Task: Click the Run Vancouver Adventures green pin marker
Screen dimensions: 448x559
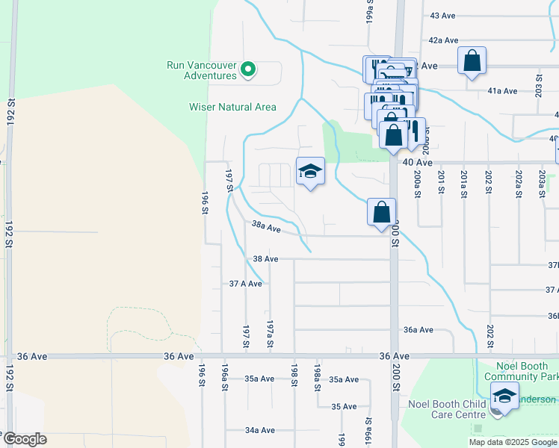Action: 248,72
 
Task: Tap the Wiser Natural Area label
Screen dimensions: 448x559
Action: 232,107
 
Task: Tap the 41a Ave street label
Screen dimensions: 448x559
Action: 502,91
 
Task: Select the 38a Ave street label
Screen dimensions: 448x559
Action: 266,226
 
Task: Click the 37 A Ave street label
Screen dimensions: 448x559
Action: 246,284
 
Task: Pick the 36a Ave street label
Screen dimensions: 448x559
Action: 419,329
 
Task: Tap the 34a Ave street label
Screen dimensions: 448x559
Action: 261,430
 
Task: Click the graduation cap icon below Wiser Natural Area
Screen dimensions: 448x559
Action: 310,171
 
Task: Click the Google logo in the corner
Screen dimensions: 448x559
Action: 24,439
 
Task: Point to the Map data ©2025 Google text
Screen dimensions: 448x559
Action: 512,442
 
